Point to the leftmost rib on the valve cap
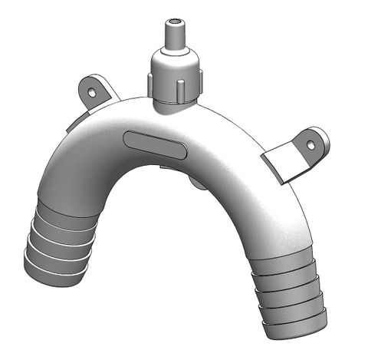[x=152, y=79]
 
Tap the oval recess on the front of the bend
[x=154, y=144]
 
